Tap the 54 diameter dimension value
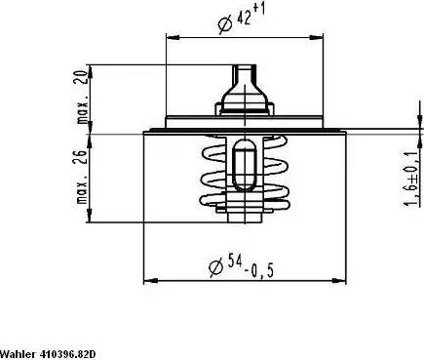(234, 260)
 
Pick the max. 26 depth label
(83, 177)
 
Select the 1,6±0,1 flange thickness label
(411, 180)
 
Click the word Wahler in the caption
(19, 353)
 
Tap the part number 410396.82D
(68, 353)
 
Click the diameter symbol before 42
(225, 23)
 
